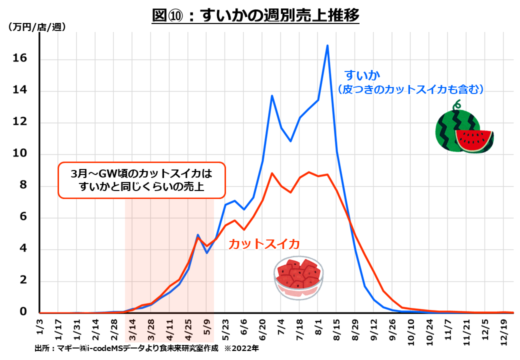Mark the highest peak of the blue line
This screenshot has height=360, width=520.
click(x=327, y=45)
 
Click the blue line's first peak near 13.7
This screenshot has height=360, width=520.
click(x=272, y=95)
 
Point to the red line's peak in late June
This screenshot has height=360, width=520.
click(x=272, y=173)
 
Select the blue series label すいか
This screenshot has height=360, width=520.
click(x=362, y=75)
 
